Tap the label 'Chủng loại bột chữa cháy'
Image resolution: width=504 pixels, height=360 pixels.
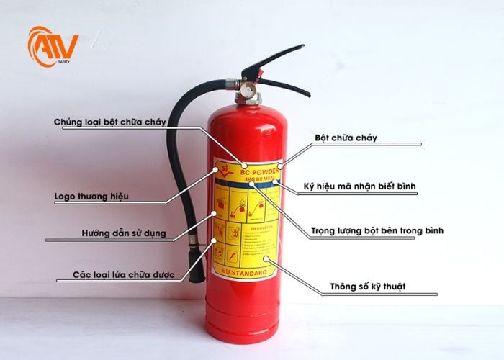(110, 122)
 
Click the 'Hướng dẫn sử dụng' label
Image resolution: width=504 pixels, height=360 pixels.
(123, 233)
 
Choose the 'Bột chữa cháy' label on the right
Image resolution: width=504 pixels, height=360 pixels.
(346, 137)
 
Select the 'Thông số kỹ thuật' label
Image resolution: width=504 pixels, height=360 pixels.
(367, 286)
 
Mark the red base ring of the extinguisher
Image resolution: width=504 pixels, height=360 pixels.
(242, 333)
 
